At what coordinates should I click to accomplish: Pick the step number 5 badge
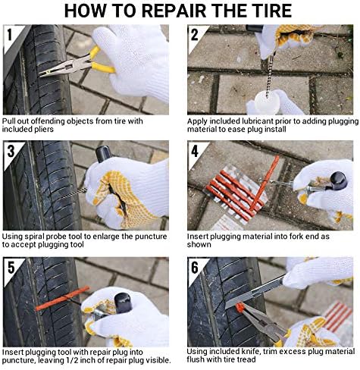pyautogui.click(x=11, y=268)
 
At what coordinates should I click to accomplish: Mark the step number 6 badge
pyautogui.click(x=195, y=268)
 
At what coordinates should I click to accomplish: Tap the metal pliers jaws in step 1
pyautogui.click(x=64, y=67)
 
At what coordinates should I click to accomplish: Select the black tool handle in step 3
pyautogui.click(x=103, y=154)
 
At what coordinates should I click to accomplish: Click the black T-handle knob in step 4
pyautogui.click(x=338, y=180)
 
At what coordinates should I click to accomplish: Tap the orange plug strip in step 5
pyautogui.click(x=62, y=299)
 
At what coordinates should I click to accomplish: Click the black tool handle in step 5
pyautogui.click(x=123, y=303)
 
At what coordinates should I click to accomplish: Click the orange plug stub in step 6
pyautogui.click(x=239, y=308)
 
